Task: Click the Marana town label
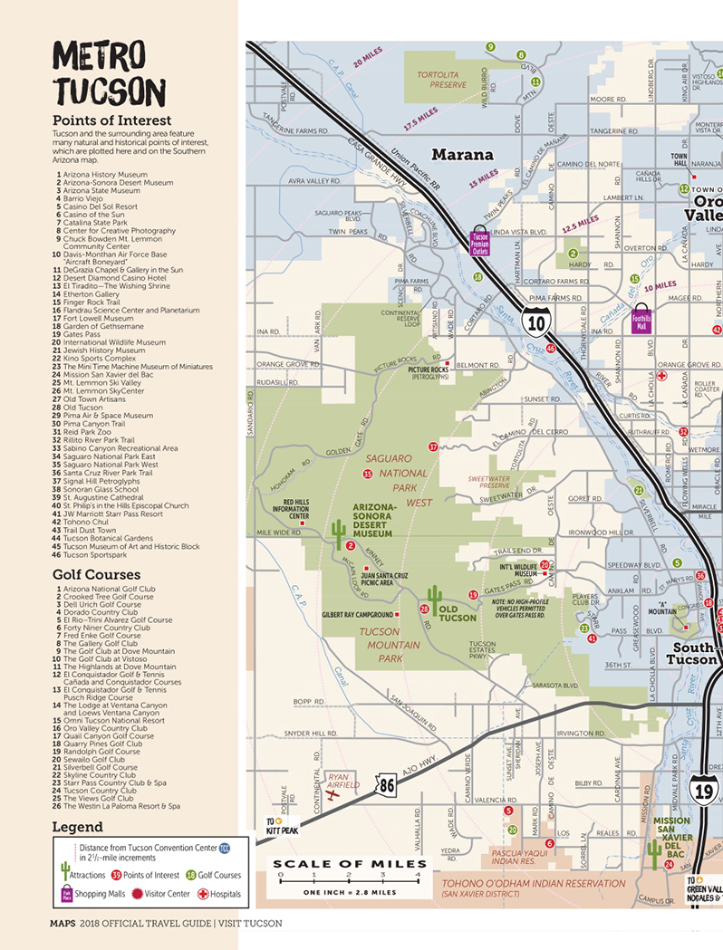point(462,155)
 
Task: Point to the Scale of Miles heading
point(350,864)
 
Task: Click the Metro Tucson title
point(109,75)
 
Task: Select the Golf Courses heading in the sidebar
point(96,574)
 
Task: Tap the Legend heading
point(77,827)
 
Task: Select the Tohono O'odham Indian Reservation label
point(534,883)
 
